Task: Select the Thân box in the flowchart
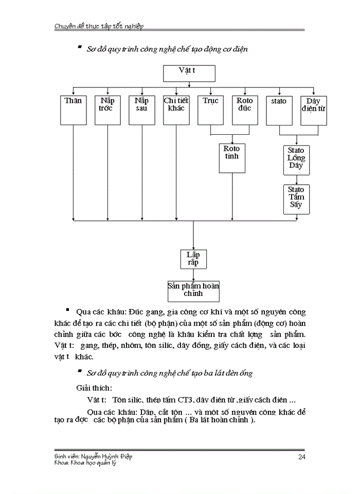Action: pos(73,110)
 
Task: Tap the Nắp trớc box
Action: pos(107,110)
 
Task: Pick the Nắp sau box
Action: pos(141,110)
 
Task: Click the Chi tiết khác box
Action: pos(176,110)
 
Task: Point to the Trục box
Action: pos(210,110)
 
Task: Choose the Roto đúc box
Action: pos(245,110)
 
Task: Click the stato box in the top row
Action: pos(279,110)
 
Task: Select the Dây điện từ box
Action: pos(314,110)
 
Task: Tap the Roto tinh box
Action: pos(232,158)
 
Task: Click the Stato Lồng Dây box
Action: pos(296,158)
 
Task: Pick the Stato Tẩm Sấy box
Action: pos(296,199)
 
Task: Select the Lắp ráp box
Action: pos(193,259)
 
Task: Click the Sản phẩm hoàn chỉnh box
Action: pos(193,291)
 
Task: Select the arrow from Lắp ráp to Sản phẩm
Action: pos(193,274)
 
